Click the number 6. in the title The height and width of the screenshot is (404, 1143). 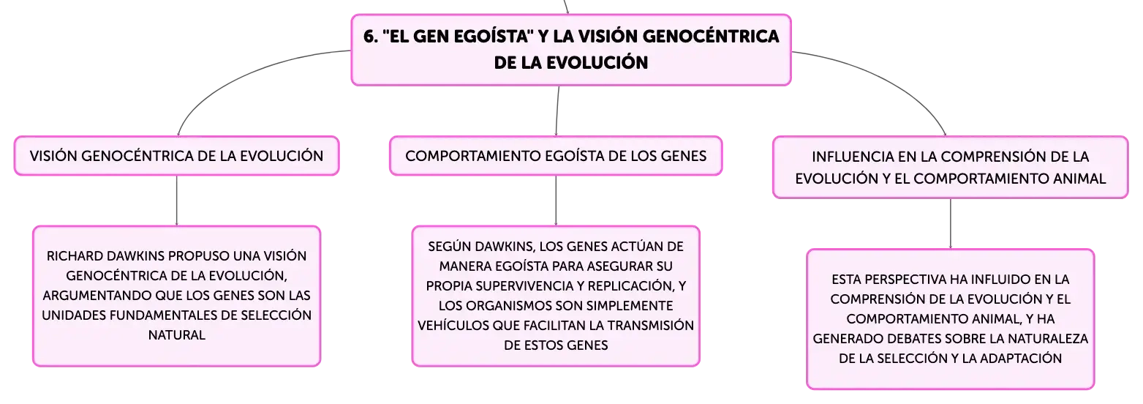coord(371,37)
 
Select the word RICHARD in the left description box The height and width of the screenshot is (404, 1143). coord(75,256)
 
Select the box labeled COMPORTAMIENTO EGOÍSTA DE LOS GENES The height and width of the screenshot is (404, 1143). coord(556,156)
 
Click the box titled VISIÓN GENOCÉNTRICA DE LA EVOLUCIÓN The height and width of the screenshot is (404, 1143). coord(176,156)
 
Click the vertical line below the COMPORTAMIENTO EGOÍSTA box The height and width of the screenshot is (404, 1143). coord(556,201)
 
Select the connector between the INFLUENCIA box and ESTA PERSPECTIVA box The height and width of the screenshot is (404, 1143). coord(950,224)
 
